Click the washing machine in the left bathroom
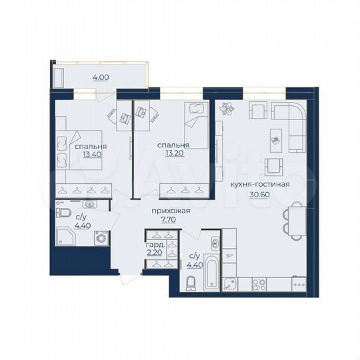tap(101, 237)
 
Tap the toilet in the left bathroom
tap(64, 212)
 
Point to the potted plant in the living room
tap(229, 107)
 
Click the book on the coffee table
tap(275, 139)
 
